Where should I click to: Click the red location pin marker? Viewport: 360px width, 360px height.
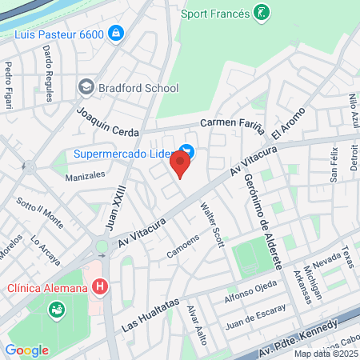pos(180,166)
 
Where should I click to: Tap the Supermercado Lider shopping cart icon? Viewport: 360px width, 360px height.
pos(186,150)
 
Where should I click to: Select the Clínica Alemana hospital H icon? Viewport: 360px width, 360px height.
pos(100,286)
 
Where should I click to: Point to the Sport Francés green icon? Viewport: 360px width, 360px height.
pos(261,12)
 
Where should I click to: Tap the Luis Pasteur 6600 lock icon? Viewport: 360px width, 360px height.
pos(117,33)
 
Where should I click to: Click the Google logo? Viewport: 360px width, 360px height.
pos(26,350)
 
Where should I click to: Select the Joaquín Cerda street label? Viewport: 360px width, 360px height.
pos(108,122)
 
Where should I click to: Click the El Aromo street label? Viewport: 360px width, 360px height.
pos(289,122)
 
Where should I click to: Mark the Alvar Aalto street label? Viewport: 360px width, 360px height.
pos(198,325)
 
